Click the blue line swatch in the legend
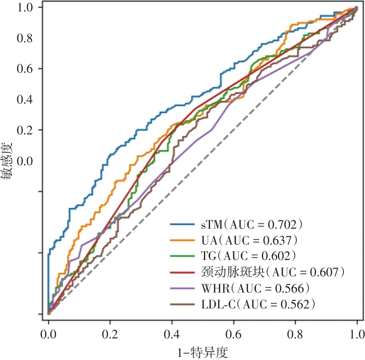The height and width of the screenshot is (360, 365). [183, 225]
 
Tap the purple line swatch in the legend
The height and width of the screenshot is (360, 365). [183, 288]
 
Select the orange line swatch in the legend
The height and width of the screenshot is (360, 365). [183, 241]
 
